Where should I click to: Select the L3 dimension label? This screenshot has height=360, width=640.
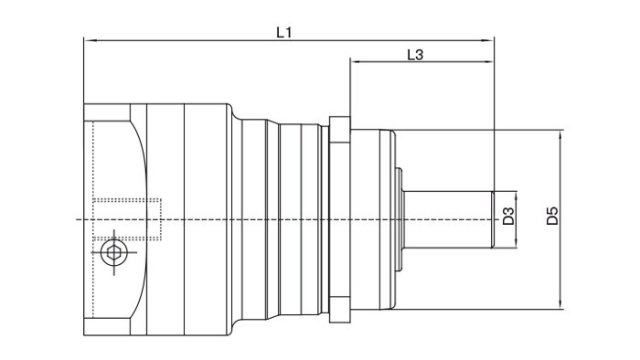click(418, 55)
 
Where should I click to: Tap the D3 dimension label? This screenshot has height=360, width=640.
click(509, 217)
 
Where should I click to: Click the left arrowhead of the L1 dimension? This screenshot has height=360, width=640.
click(88, 41)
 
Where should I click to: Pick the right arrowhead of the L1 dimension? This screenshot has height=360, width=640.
click(490, 41)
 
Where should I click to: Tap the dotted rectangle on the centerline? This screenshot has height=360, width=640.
click(126, 218)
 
